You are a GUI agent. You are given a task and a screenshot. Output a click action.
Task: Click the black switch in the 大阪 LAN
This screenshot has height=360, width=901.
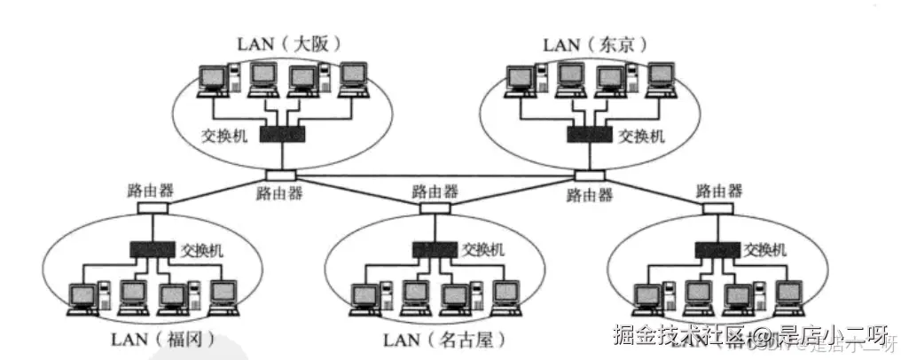pos(282,134)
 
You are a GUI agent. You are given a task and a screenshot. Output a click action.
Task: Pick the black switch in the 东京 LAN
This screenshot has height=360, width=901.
pos(589,134)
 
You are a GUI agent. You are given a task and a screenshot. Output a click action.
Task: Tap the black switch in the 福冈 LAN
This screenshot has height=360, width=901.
pos(153,250)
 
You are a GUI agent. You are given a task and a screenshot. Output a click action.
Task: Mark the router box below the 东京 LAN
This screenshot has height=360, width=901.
pos(589,175)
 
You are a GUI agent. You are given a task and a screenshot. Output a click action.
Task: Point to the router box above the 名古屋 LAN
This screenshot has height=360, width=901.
pos(433,208)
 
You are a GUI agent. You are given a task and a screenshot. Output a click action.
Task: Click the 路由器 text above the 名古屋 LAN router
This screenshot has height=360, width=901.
pos(435,191)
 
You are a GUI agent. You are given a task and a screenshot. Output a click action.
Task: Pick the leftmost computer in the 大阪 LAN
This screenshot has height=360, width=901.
pos(215,80)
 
